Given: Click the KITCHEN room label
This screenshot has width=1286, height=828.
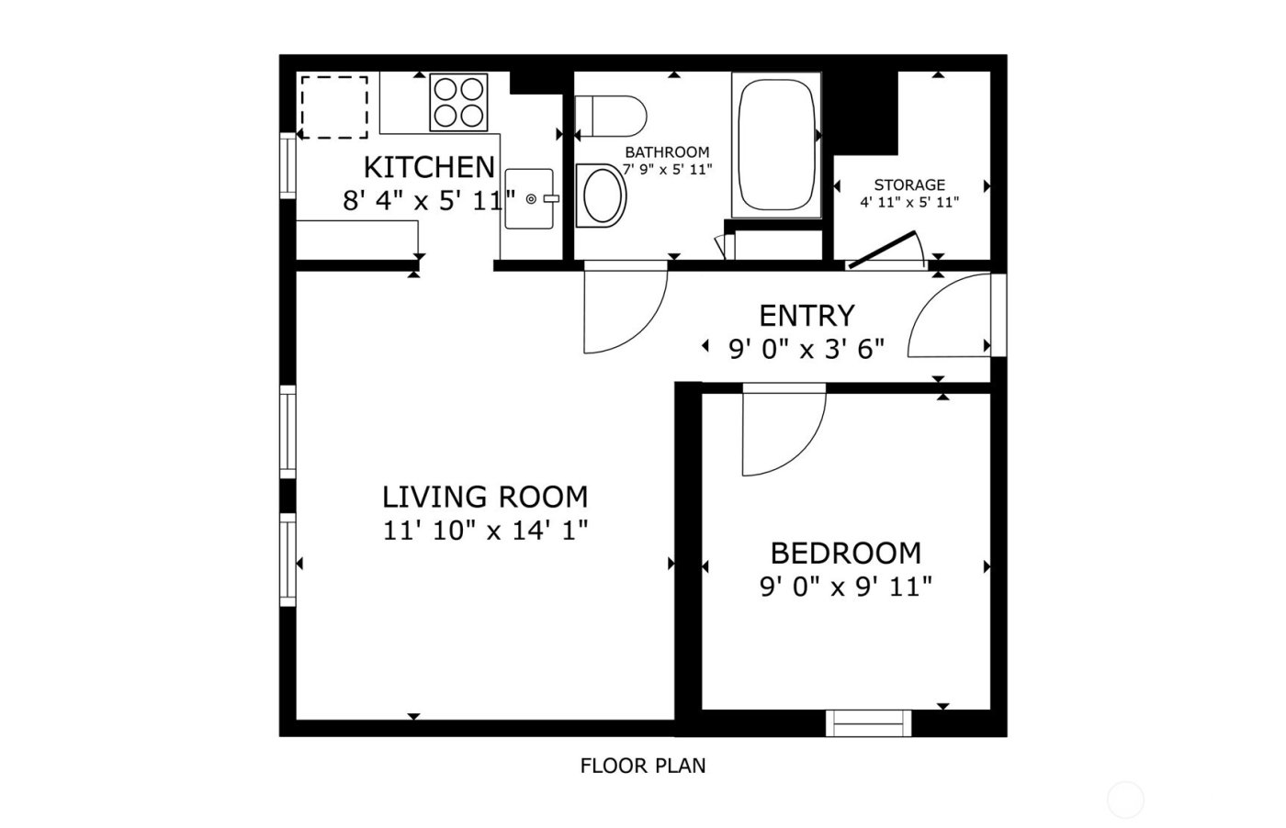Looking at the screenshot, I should [x=429, y=167].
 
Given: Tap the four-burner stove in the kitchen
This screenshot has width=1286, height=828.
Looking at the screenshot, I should [x=458, y=102].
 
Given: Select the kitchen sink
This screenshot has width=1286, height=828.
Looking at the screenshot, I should [x=529, y=198].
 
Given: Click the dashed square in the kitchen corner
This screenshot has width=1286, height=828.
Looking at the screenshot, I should [x=334, y=107].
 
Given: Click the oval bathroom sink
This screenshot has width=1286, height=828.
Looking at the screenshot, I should [x=603, y=195].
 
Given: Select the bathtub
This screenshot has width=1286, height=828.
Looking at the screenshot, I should [x=776, y=145].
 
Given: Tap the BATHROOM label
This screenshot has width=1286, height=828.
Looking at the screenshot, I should [x=667, y=152].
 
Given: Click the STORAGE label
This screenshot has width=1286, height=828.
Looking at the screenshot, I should [x=909, y=185].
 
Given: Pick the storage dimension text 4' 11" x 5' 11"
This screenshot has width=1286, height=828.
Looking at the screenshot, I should [x=909, y=202].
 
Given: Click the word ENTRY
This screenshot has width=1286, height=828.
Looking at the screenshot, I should [x=807, y=316].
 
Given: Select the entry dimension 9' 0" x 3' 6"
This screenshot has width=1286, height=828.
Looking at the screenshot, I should [x=807, y=349].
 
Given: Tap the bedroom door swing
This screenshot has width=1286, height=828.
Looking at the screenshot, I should [x=781, y=431].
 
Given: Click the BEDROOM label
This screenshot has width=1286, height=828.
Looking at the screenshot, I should [x=845, y=554].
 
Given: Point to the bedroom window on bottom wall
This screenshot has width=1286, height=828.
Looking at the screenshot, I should [x=869, y=722].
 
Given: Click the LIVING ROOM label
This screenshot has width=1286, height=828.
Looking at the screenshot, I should [x=485, y=497].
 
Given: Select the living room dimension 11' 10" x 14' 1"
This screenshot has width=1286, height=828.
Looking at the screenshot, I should [x=485, y=530].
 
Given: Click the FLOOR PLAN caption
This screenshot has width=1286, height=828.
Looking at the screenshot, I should [x=643, y=765].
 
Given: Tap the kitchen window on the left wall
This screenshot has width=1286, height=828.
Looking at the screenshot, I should [x=288, y=165].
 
